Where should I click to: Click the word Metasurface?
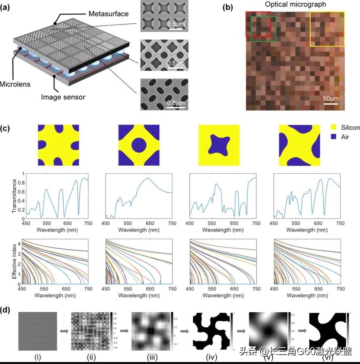tap(109, 14)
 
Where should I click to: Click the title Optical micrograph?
tap(295, 4)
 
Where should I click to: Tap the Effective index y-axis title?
tap(14, 261)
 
